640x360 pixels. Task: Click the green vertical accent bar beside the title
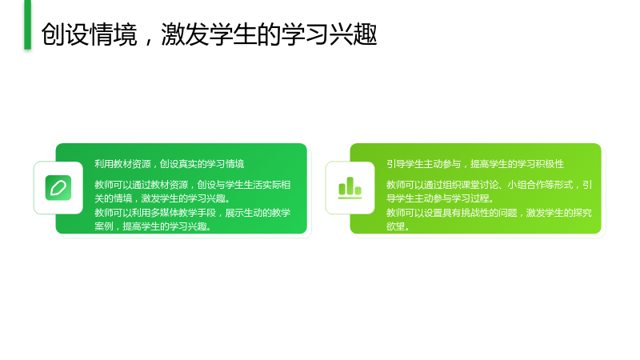click(x=28, y=25)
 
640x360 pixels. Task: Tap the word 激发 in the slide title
click(x=186, y=34)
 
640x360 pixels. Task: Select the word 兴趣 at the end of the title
click(x=354, y=34)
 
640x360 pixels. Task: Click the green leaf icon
click(x=58, y=188)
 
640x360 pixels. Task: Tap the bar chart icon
click(x=350, y=188)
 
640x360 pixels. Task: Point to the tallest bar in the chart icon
click(x=350, y=186)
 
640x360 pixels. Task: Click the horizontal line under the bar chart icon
click(x=350, y=198)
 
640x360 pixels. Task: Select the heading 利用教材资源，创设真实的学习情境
click(x=170, y=164)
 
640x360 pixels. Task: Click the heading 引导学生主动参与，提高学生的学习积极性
click(x=475, y=164)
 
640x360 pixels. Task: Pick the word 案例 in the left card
click(x=104, y=226)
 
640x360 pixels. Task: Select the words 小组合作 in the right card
click(x=526, y=185)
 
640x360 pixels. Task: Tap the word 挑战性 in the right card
click(x=475, y=213)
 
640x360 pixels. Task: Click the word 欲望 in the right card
click(x=396, y=226)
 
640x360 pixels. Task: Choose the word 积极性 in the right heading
click(x=550, y=164)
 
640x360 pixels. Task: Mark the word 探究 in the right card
click(x=582, y=213)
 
